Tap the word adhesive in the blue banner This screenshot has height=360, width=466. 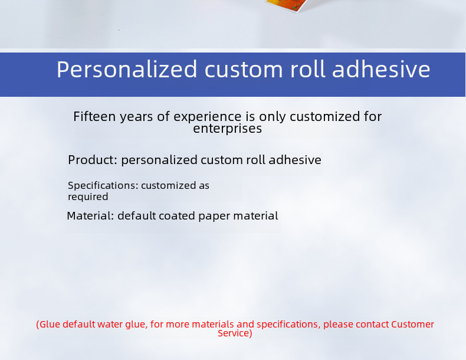[x=381, y=68]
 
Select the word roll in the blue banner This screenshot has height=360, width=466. [x=307, y=68]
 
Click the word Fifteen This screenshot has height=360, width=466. [x=94, y=116]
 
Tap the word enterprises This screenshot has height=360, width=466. [x=227, y=129]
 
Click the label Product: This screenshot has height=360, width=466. [x=93, y=160]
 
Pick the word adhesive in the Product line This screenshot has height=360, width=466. [x=295, y=159]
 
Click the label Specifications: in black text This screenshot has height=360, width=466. [x=103, y=186]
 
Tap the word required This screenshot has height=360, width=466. [x=88, y=197]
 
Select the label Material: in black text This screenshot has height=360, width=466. [x=90, y=215]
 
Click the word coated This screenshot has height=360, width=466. [x=176, y=215]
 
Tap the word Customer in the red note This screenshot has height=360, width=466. [x=412, y=324]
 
